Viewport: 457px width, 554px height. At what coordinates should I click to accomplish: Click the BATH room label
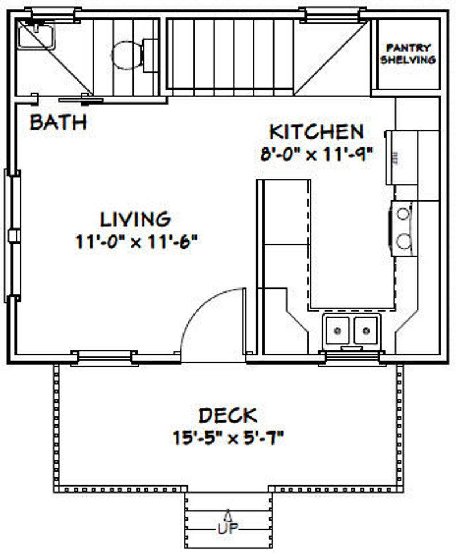(x=58, y=122)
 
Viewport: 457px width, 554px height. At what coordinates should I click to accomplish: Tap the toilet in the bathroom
(x=127, y=55)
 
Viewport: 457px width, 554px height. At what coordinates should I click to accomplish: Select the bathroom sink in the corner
(x=36, y=36)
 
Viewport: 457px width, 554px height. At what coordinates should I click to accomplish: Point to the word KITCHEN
(x=317, y=132)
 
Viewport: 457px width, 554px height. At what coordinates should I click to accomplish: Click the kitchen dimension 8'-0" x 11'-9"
(x=317, y=154)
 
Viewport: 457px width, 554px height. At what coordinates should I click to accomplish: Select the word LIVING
(x=136, y=219)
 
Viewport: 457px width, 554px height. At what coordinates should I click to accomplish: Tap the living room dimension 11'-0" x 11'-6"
(x=137, y=241)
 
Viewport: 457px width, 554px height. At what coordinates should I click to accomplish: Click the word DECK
(x=228, y=415)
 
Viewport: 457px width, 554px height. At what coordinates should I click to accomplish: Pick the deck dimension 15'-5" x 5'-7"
(x=229, y=438)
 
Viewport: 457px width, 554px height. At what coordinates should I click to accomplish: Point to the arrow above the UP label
(x=228, y=514)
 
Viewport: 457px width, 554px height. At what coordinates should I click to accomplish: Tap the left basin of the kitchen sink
(x=338, y=331)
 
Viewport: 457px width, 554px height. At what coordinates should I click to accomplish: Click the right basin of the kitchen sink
(x=365, y=331)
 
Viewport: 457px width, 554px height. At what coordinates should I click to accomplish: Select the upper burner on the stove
(x=403, y=214)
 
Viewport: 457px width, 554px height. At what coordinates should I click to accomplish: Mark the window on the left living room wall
(x=13, y=236)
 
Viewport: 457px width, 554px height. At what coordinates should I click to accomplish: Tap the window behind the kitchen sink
(x=352, y=358)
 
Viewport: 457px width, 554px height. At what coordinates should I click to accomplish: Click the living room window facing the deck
(x=105, y=357)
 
